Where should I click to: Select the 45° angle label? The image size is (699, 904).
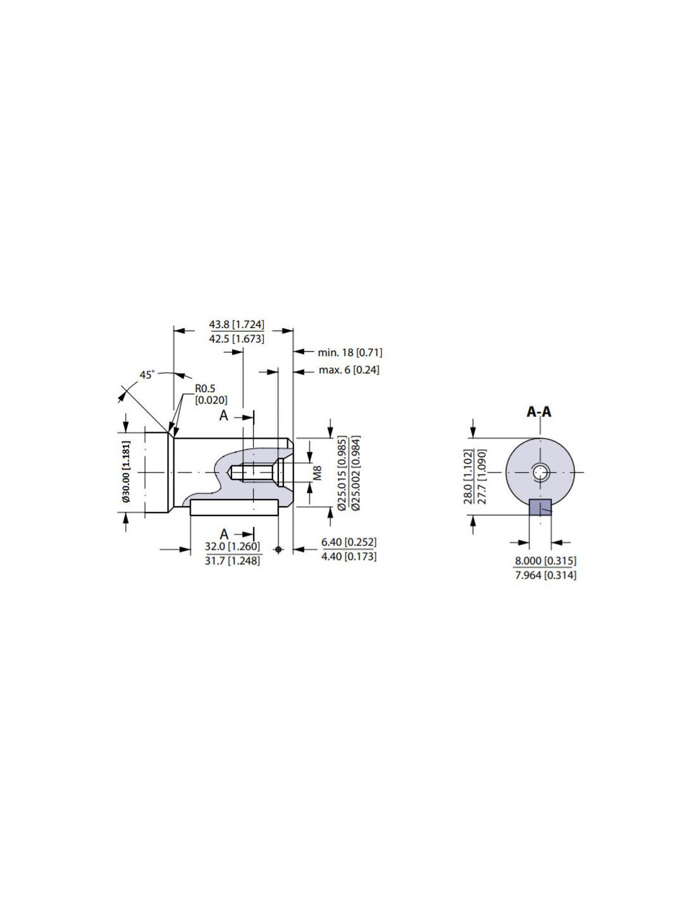(147, 374)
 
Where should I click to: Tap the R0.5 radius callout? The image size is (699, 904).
(205, 388)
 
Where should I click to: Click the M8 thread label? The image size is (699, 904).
(317, 474)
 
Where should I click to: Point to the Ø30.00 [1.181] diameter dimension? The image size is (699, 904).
(127, 471)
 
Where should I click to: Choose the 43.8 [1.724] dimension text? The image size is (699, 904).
(236, 324)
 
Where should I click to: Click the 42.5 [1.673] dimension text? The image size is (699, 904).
(236, 339)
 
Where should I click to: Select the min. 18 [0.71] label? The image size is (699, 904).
(349, 352)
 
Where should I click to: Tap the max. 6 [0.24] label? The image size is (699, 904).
(349, 370)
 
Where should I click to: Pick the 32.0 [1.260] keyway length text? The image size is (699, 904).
(232, 546)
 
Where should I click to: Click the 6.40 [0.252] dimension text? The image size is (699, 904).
(349, 542)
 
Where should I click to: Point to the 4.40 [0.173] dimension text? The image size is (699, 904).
(349, 556)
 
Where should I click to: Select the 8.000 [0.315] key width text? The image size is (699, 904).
(546, 560)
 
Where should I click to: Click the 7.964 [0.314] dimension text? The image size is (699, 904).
(546, 575)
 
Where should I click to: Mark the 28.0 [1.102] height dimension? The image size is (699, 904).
(468, 476)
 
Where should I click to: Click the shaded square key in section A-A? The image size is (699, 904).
(540, 507)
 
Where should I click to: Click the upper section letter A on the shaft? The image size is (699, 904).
(224, 415)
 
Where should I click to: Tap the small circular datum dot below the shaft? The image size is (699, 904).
(278, 549)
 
